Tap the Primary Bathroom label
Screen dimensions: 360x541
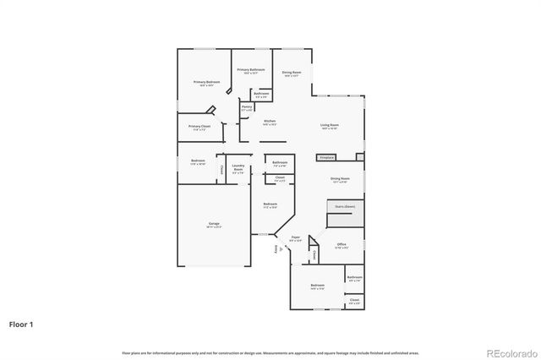251,70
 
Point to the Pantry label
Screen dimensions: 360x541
247,108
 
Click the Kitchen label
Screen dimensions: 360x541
270,123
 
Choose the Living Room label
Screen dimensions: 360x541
329,127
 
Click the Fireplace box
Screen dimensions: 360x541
327,157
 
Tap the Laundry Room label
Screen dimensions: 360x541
238,169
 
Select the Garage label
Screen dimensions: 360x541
214,225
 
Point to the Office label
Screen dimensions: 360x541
342,246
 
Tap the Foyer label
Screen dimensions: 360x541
295,240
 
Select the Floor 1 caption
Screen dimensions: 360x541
22,324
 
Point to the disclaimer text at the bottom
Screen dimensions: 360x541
270,352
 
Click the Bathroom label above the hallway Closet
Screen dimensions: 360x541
280,163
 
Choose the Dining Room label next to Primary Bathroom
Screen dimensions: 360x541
292,74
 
